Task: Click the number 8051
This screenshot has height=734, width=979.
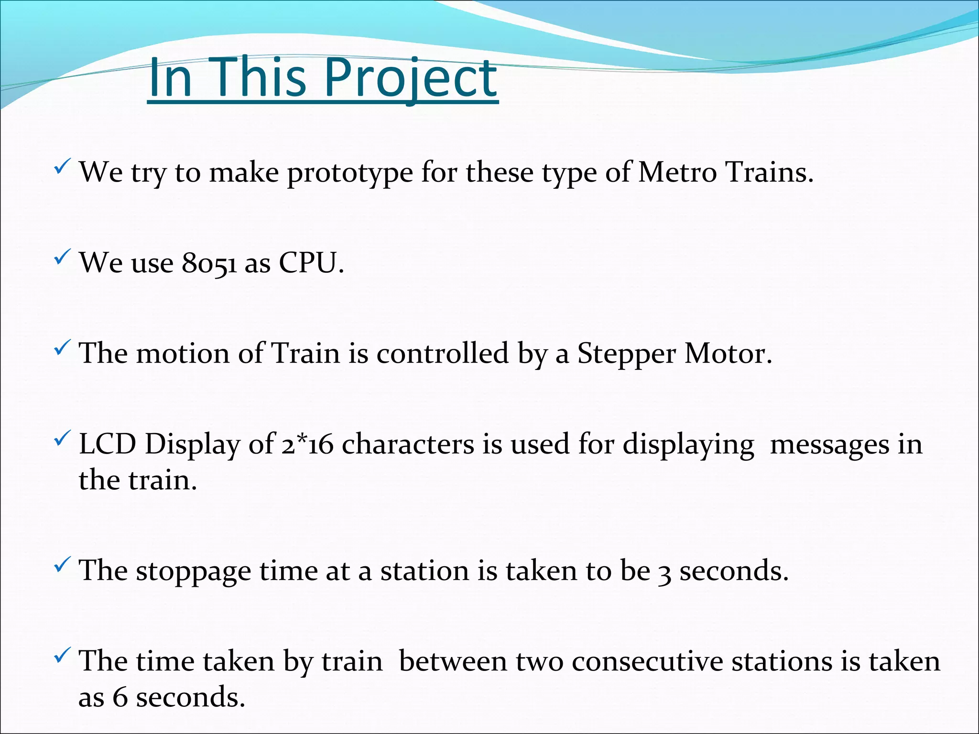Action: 209,263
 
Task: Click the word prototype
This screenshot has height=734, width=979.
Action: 349,173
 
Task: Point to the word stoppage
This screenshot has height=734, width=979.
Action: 193,572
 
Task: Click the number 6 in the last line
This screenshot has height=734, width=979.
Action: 120,697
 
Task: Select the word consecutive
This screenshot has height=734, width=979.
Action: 647,662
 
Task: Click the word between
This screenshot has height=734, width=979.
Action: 453,662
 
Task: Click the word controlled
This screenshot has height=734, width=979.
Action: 442,354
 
